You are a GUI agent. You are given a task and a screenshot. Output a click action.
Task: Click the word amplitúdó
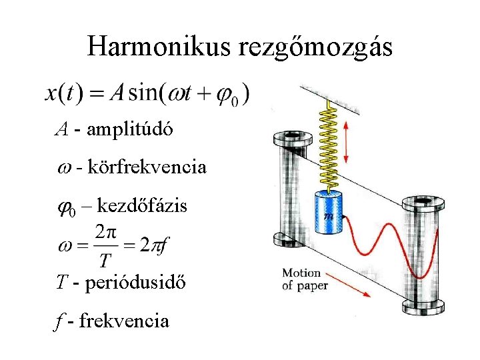129,129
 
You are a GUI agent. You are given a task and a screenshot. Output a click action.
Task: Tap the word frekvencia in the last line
124,321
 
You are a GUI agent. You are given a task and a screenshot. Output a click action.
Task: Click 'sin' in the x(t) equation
143,93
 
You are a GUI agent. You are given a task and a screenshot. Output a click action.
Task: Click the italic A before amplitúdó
61,130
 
